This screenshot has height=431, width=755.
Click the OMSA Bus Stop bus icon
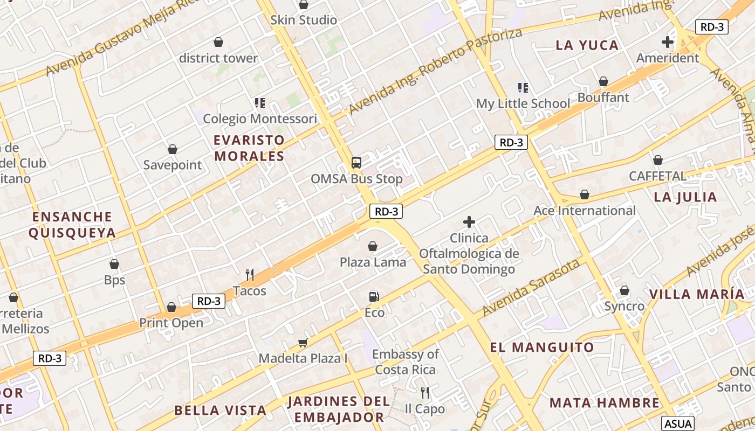tap(356, 162)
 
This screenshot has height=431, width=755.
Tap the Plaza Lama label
tap(373, 262)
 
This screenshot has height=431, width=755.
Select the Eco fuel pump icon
tap(374, 296)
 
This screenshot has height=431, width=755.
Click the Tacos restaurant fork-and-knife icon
tap(250, 275)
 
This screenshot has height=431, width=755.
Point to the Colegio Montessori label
tap(260, 119)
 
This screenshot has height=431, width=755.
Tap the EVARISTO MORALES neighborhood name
tap(249, 148)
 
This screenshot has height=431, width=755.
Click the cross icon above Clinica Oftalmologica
tap(469, 221)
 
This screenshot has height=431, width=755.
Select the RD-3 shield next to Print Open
tap(209, 301)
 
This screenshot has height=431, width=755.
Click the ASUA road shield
tap(678, 423)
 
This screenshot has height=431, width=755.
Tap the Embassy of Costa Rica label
tap(406, 362)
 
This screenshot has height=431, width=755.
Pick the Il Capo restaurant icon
tap(425, 392)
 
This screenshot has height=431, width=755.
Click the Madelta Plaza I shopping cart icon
tap(303, 343)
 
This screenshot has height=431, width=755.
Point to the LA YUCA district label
tap(587, 45)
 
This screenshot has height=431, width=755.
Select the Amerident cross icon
tap(668, 41)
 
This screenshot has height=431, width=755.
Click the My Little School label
tap(523, 103)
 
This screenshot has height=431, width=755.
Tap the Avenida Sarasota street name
tap(531, 288)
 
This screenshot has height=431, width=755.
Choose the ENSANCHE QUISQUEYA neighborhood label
tap(72, 225)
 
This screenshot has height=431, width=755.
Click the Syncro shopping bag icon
tap(624, 290)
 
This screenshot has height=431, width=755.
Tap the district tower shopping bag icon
tap(218, 42)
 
